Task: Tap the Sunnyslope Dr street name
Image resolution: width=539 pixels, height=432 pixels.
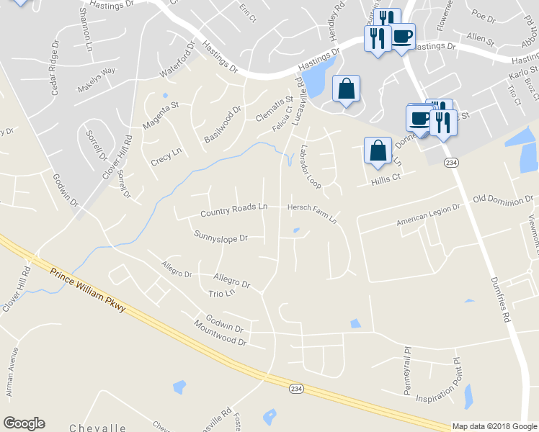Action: pos(220,236)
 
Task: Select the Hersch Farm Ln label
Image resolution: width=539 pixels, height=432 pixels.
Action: pos(312,214)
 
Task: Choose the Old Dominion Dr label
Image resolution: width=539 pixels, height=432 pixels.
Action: pos(503,199)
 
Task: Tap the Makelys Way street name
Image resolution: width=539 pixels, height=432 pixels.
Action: pos(97,73)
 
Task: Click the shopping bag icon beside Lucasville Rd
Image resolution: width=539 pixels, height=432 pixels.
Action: pos(346,89)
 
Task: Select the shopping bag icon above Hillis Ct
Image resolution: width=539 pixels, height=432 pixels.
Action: pos(378,150)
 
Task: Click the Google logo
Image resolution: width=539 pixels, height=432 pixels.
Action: pos(24,423)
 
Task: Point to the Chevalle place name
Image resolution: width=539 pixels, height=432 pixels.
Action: pos(99,428)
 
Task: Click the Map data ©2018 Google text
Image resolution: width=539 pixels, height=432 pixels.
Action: pos(494,426)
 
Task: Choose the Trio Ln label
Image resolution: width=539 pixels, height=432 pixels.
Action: pos(222,294)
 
